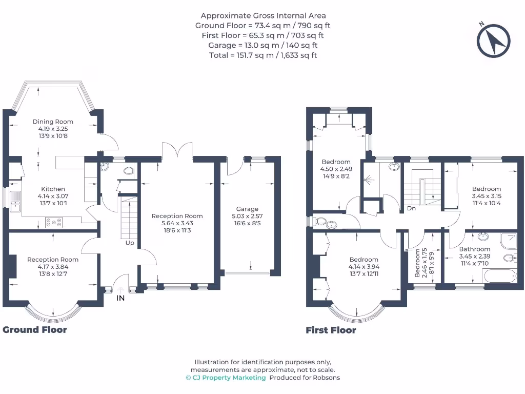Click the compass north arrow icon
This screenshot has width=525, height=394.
[494, 40]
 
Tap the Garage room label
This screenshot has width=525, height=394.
[247, 209]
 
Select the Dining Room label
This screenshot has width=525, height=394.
[50, 122]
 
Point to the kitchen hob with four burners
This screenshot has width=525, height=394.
[54, 222]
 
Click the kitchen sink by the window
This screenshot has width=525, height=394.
[14, 200]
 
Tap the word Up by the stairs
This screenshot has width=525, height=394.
[130, 243]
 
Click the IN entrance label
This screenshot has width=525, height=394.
[120, 298]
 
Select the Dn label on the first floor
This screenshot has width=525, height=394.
[411, 208]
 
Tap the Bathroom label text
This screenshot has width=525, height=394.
[474, 249]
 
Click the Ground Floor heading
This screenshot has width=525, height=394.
[35, 330]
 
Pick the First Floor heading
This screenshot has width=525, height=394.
[331, 330]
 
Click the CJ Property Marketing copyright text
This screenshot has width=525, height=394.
[226, 378]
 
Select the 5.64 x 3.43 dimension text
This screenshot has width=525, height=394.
[177, 223]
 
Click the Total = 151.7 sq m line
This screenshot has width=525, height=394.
[263, 55]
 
